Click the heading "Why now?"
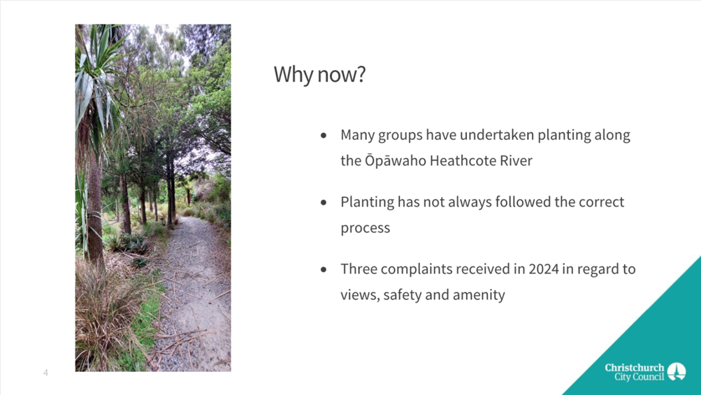coord(319,74)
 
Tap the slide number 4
coord(45,373)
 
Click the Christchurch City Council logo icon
coord(677,372)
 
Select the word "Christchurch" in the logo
coord(635,368)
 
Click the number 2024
coord(544,269)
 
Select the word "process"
coord(366,228)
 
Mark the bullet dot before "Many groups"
coord(324,135)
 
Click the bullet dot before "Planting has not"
coord(324,202)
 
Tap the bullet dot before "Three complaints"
coord(324,269)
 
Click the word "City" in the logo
coord(622,377)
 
